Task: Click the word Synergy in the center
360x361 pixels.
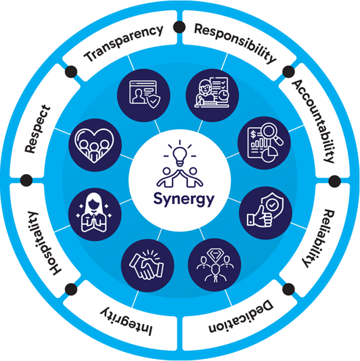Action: pyautogui.click(x=184, y=199)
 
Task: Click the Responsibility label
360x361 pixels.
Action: pyautogui.click(x=235, y=43)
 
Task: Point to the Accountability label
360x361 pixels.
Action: pyautogui.click(x=314, y=121)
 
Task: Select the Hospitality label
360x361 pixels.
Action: pyautogui.click(x=45, y=243)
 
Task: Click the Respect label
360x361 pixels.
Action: pyautogui.click(x=37, y=129)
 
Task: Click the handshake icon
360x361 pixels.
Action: pyautogui.click(x=148, y=266)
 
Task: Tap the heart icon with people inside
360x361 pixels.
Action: pyautogui.click(x=94, y=145)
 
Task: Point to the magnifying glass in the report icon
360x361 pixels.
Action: pyautogui.click(x=272, y=133)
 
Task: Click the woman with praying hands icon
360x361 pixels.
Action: pyautogui.click(x=94, y=213)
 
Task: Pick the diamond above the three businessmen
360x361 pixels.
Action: pyautogui.click(x=215, y=254)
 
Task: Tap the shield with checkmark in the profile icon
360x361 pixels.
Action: pyautogui.click(x=154, y=102)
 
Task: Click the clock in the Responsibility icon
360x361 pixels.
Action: pyautogui.click(x=223, y=95)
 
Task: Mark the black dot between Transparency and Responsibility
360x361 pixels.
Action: pyautogui.click(x=179, y=27)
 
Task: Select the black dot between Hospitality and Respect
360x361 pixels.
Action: pyautogui.click(x=26, y=180)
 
